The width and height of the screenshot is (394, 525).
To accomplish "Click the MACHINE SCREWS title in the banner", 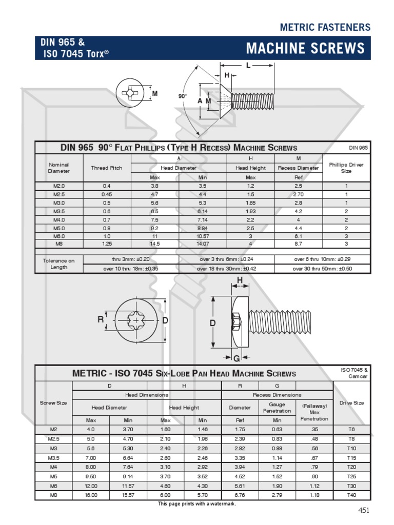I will (x=305, y=49).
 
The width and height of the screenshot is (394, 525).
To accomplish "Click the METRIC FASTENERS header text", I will (x=325, y=27).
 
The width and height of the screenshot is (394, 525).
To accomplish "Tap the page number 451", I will (x=363, y=510).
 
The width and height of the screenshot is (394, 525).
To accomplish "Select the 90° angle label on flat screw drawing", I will (x=182, y=96).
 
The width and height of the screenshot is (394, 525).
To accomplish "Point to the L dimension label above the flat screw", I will (x=248, y=65).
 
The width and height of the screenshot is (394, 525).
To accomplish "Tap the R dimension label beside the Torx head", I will (x=101, y=319).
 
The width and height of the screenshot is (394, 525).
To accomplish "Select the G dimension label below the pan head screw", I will (x=237, y=358).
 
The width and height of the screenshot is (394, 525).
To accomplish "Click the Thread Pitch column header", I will (x=107, y=168).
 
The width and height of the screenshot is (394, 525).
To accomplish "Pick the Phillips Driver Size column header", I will (x=346, y=168).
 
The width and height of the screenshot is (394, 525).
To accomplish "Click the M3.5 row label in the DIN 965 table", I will (x=59, y=211).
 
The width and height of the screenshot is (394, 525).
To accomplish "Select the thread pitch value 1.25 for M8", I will (x=107, y=244).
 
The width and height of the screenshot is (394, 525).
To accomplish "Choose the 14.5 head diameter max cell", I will (x=155, y=244).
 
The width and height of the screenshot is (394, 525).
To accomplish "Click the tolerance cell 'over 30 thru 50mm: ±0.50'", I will (x=322, y=268).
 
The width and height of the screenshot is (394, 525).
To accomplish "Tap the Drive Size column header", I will (x=351, y=403).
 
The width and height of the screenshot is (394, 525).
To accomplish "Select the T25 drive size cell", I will (x=351, y=476).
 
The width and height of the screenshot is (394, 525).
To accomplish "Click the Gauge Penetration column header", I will (x=277, y=408).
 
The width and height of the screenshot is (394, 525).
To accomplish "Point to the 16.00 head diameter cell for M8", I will (x=91, y=495).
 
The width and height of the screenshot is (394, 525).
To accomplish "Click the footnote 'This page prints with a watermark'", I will (x=197, y=504).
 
